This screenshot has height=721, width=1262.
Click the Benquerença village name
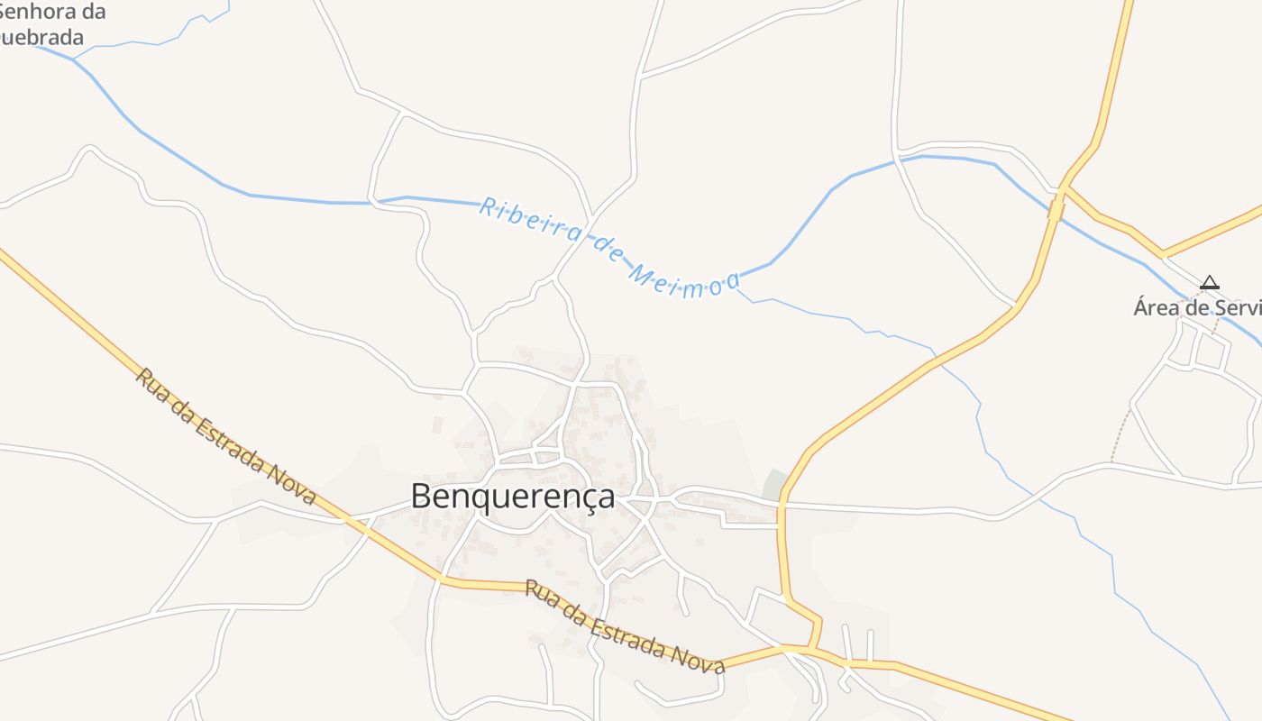tap(513, 496)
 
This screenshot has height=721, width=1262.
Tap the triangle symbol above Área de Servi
tap(1210, 283)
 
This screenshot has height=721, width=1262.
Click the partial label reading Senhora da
tap(53, 13)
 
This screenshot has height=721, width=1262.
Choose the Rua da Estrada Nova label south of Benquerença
tap(625, 628)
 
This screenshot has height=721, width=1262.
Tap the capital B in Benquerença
tap(421, 496)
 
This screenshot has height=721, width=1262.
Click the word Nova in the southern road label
tap(702, 658)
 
